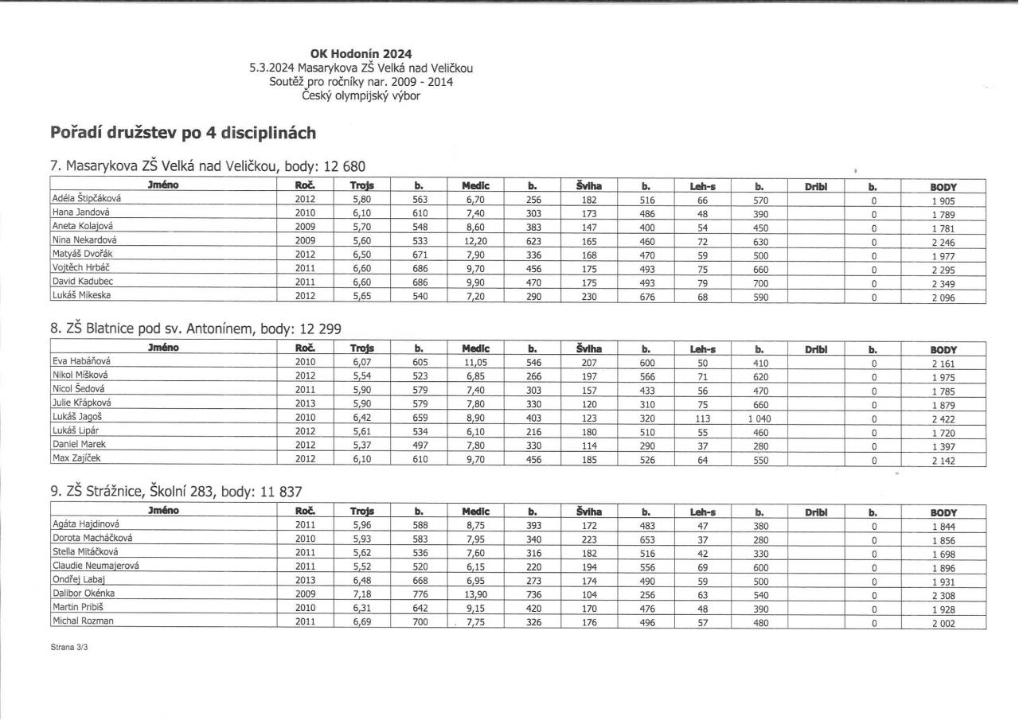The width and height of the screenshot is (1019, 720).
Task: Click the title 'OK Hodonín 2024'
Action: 361,54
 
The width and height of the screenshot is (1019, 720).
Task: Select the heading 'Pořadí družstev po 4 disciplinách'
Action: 184,131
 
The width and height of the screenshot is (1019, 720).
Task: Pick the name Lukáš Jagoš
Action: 76,415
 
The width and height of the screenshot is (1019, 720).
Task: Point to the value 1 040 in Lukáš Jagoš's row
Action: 759,416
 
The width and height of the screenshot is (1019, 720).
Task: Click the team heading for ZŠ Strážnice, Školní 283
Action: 176,492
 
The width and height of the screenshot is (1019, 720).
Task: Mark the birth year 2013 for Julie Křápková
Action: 306,402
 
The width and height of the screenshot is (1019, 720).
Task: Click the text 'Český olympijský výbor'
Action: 361,96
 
